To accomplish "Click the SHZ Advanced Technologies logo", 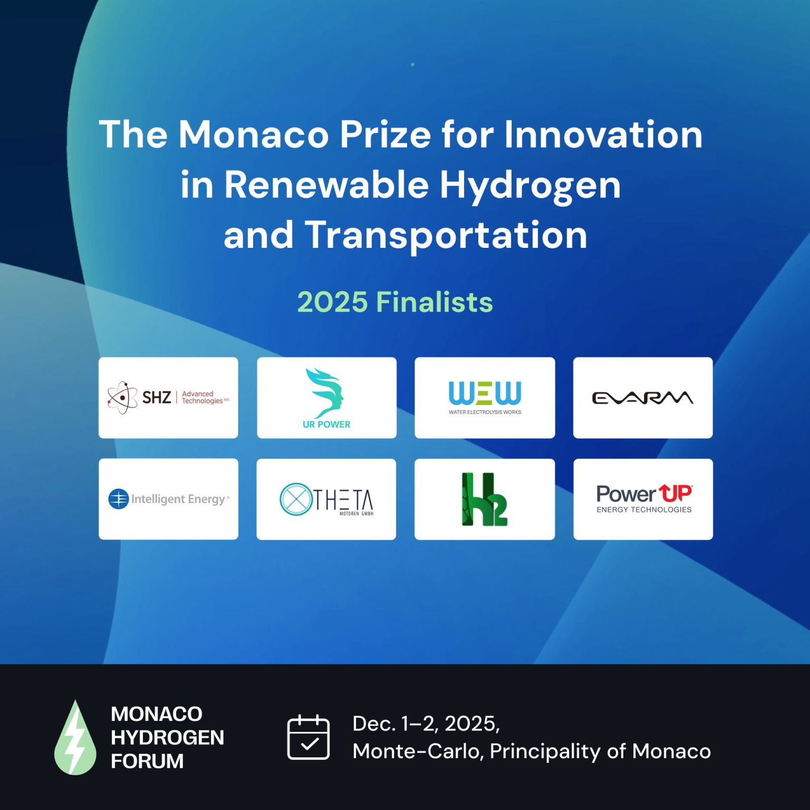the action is click(x=168, y=398).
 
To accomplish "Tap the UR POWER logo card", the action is click(x=326, y=398).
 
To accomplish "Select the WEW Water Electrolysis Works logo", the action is click(x=485, y=398).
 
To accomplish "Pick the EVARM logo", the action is click(x=642, y=398).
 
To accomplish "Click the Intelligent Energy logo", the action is click(x=169, y=499).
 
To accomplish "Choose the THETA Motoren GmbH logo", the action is click(x=326, y=499).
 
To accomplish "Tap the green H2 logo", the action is click(x=485, y=499).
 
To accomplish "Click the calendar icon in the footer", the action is click(x=308, y=737).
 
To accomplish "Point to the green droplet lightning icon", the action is click(x=75, y=737).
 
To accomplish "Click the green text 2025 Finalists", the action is click(x=395, y=302).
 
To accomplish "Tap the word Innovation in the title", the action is click(x=603, y=134).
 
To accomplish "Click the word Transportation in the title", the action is click(x=446, y=235).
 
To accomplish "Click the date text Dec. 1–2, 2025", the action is click(x=426, y=724).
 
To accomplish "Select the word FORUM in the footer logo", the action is click(x=147, y=761).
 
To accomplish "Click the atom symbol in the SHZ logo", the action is click(x=122, y=398).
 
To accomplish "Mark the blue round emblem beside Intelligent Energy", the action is click(x=119, y=499).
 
